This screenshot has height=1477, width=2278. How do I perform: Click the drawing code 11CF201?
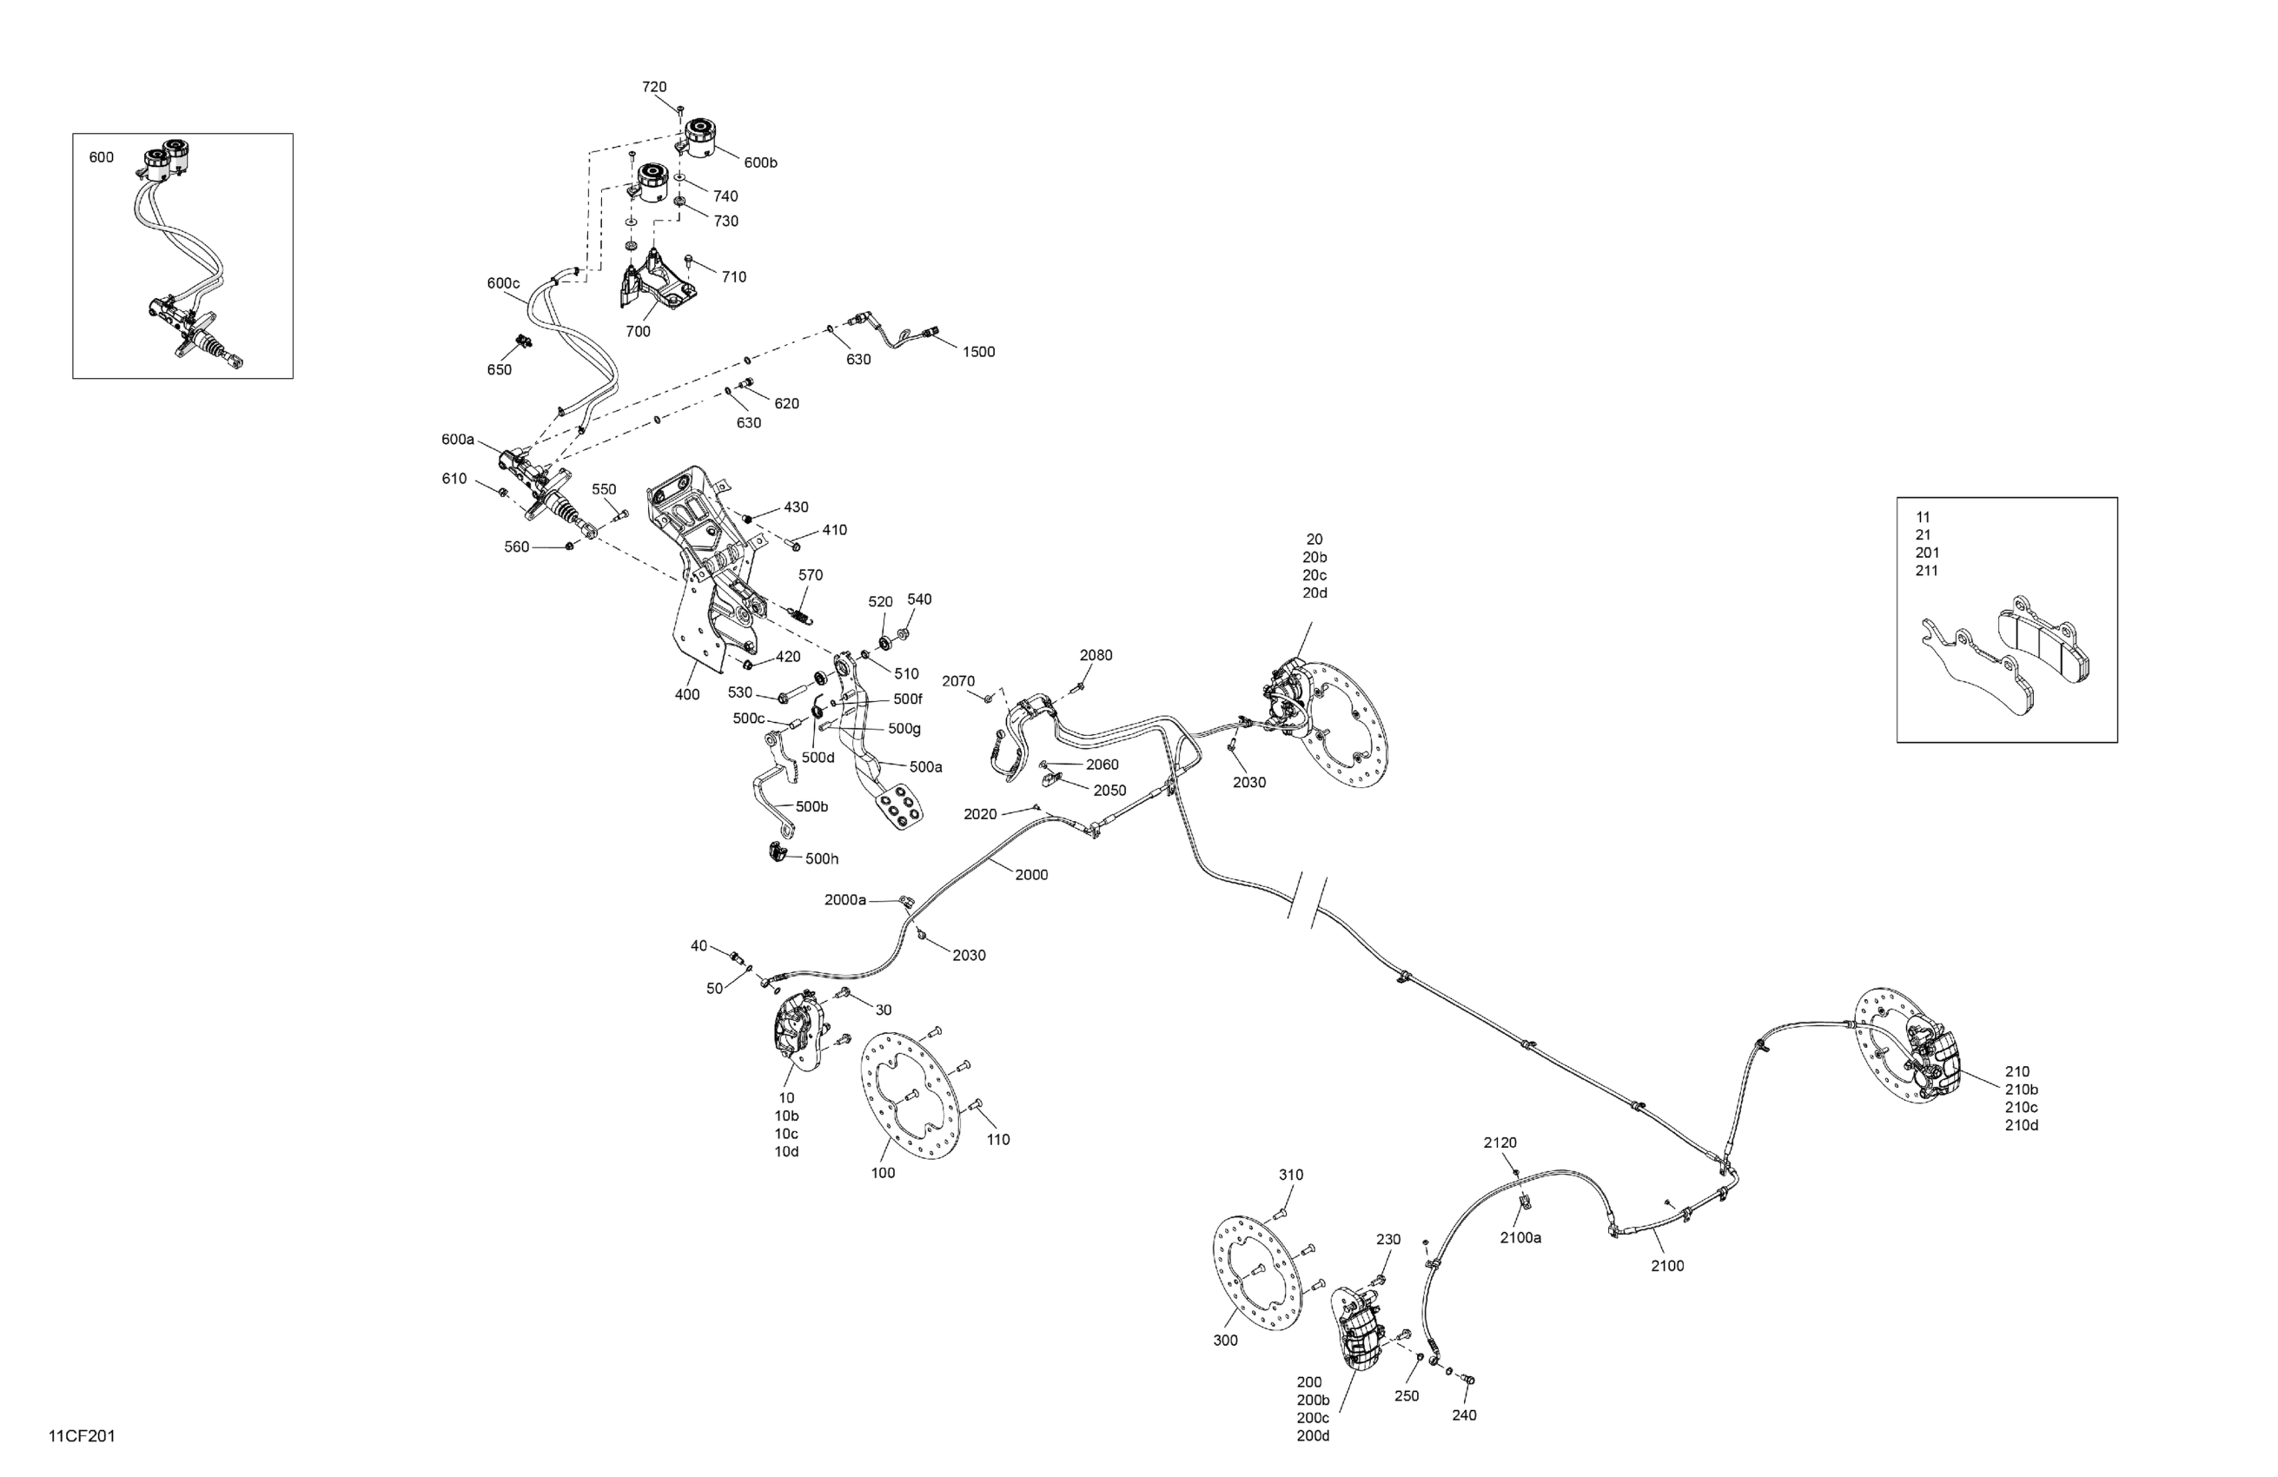click(x=83, y=1437)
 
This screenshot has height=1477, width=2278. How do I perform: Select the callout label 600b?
click(x=760, y=162)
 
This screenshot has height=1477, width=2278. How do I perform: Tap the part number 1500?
click(x=978, y=352)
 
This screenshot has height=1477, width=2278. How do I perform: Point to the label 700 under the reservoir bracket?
click(x=638, y=332)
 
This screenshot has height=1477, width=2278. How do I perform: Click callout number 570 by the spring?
click(x=811, y=575)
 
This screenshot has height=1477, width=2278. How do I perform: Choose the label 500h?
click(x=821, y=859)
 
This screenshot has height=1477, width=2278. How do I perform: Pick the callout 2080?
click(x=1096, y=656)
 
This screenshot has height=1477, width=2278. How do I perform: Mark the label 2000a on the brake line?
click(x=845, y=901)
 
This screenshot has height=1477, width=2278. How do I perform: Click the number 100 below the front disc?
click(x=883, y=1174)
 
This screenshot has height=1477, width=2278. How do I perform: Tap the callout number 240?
click(x=1465, y=1415)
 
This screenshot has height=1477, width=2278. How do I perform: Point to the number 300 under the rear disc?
click(x=1225, y=1341)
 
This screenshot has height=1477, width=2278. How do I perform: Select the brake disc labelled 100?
click(x=911, y=1096)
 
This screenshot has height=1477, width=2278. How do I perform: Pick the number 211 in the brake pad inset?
click(x=1927, y=572)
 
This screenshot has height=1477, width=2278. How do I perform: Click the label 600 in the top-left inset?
click(x=102, y=158)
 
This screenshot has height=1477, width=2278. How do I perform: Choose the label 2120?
click(x=1500, y=1143)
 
